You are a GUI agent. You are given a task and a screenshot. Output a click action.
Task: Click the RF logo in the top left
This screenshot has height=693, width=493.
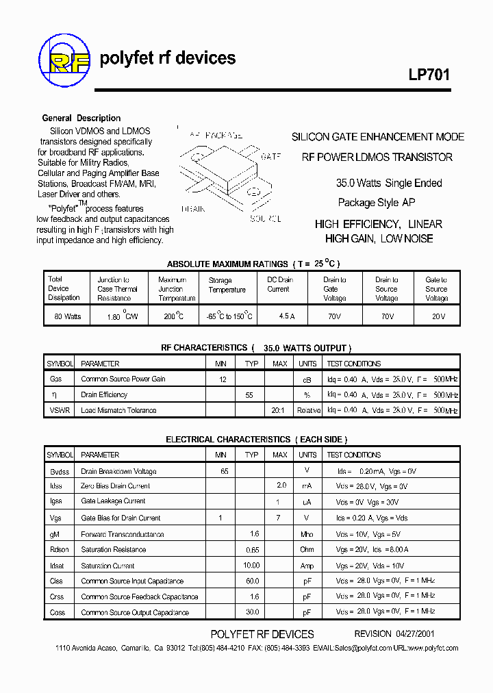coord(64,59)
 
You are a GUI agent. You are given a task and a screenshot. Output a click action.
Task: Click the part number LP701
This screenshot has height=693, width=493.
coord(429,75)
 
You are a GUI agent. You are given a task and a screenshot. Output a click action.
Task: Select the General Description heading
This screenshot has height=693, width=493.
coord(81,118)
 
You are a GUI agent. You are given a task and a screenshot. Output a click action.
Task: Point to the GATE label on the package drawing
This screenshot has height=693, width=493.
coord(270,157)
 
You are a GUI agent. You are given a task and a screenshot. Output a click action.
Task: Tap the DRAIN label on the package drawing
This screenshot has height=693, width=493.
coord(194,209)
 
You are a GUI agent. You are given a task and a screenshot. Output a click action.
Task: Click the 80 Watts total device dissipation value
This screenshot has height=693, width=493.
coord(64,316)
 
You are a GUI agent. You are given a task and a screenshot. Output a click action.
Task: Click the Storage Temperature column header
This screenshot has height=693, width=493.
coord(227,285)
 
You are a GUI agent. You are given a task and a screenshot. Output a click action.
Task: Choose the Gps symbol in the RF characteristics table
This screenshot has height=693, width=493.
coord(55,379)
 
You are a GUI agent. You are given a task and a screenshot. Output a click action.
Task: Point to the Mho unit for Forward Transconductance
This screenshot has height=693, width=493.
coord(307,534)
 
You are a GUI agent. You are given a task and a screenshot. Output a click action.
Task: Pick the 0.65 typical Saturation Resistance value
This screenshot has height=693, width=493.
coord(251,549)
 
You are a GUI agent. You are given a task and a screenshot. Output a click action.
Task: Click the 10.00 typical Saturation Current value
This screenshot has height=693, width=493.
coord(251,566)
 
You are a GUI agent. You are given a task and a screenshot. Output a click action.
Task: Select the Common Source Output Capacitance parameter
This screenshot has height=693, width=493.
coord(135,612)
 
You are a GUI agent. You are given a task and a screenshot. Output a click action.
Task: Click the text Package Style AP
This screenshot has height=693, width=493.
coord(377,203)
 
